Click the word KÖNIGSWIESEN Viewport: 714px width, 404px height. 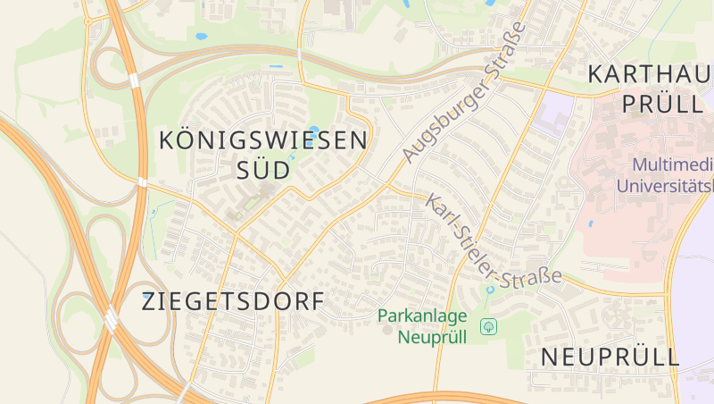tap(262, 140)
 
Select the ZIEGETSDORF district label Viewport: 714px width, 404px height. tap(232, 302)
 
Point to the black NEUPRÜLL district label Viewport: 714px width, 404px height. tap(610, 358)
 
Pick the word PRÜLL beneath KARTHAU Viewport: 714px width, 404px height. tap(662, 104)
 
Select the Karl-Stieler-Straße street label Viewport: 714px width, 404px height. tap(493, 242)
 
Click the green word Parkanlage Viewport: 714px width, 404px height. tap(422, 316)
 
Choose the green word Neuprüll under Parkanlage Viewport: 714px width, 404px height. tap(433, 337)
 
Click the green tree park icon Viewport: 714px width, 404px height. tap(488, 326)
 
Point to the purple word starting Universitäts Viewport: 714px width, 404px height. tap(665, 187)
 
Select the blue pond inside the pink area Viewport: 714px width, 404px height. tap(590, 223)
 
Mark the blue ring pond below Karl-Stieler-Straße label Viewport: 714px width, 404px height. tap(489, 290)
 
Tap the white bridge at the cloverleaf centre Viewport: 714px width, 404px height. tap(111, 317)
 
